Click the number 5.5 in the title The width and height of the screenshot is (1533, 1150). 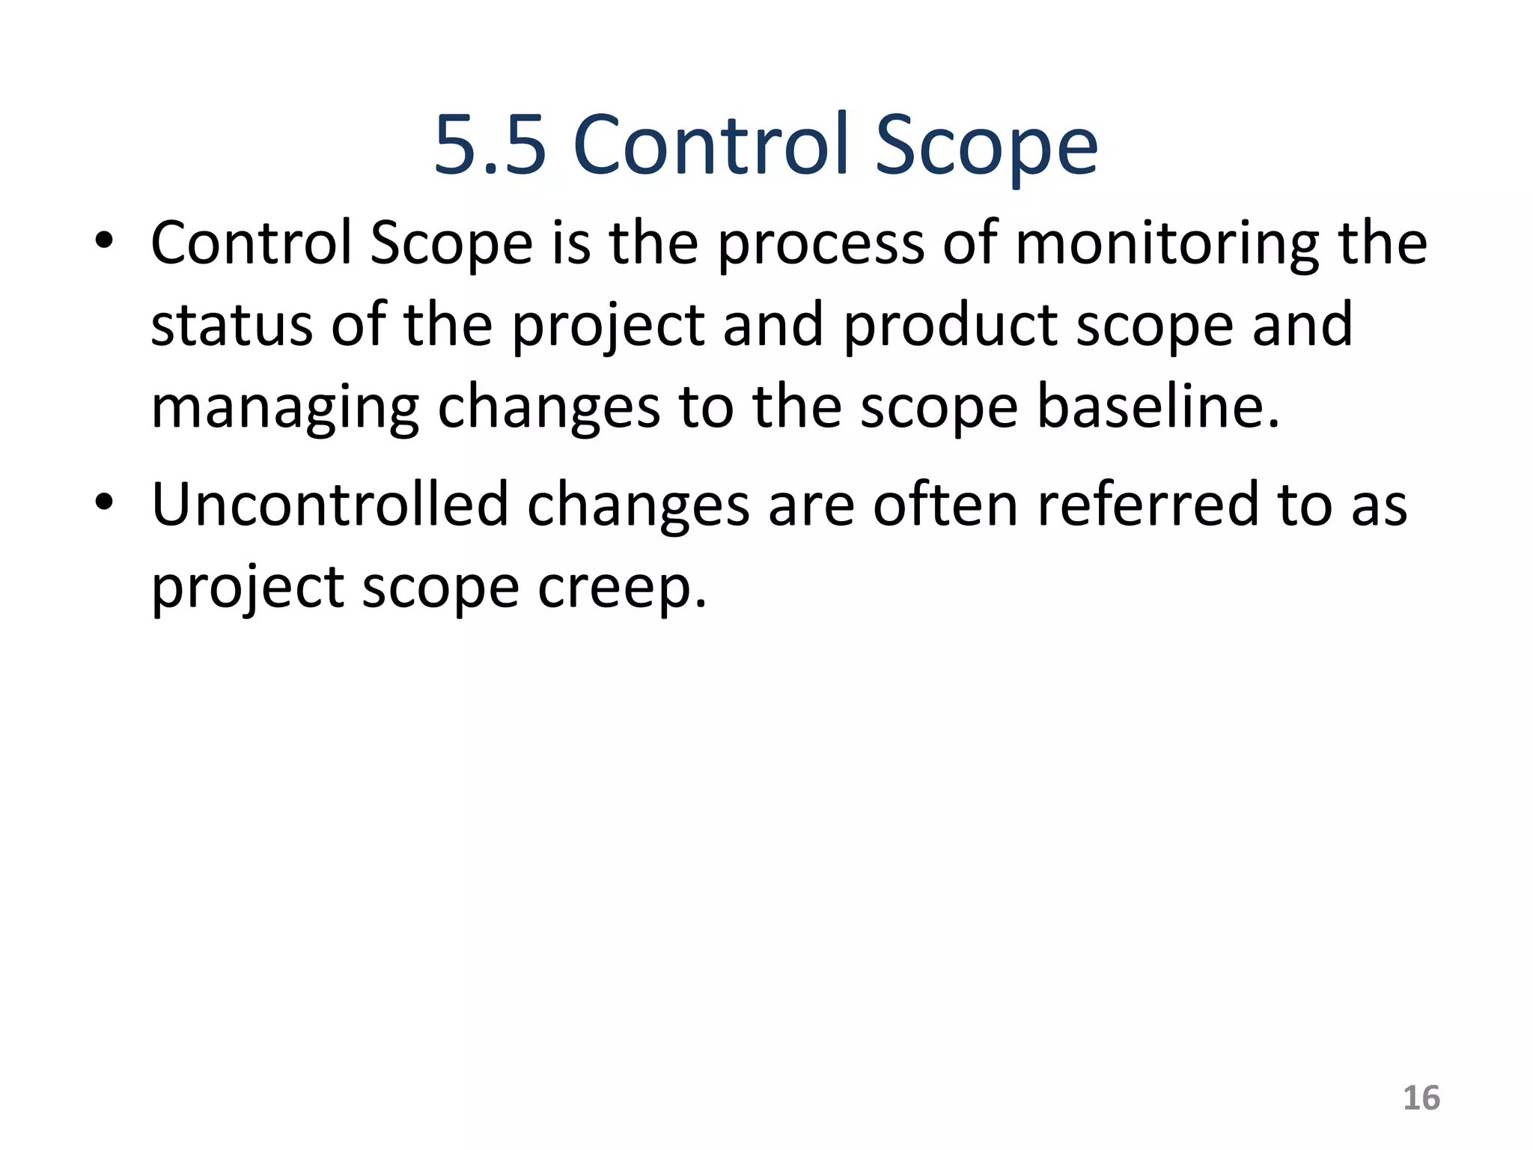[x=490, y=145]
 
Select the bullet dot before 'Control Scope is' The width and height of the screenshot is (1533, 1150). [x=104, y=243]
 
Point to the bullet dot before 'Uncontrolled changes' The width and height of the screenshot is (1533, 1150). [x=104, y=504]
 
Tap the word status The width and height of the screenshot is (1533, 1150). [x=231, y=325]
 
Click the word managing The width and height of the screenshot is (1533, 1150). [x=284, y=409]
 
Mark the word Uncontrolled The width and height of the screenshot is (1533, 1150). [x=330, y=504]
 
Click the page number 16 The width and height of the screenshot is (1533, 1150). [x=1421, y=1098]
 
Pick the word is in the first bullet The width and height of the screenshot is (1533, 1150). [x=570, y=243]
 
